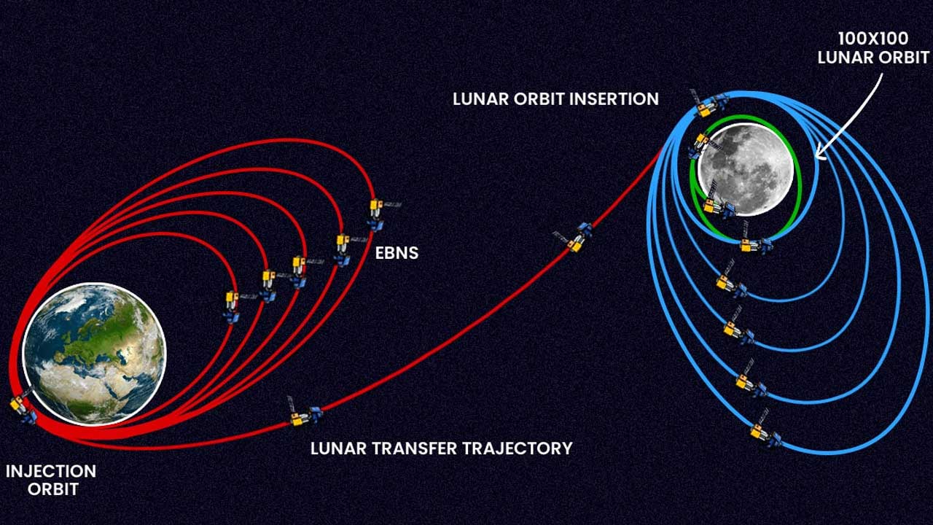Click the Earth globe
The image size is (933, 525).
[x=94, y=354]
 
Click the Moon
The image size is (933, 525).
[x=745, y=169]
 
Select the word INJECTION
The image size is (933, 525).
[x=51, y=471]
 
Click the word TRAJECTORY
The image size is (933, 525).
[x=520, y=448]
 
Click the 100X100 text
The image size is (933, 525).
[x=872, y=39]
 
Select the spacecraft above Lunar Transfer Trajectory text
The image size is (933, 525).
[x=304, y=415]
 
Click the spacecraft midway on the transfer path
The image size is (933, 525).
[x=574, y=238]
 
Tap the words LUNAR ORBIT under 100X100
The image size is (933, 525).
[x=873, y=57]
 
